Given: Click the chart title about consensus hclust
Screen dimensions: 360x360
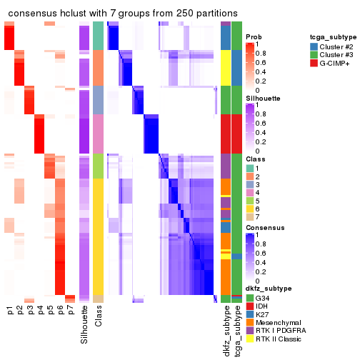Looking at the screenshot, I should (122, 14).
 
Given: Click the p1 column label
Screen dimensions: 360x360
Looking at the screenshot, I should (10, 311).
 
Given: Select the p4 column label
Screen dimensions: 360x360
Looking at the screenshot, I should (40, 311).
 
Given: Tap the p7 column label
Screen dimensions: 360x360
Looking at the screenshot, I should (70, 311).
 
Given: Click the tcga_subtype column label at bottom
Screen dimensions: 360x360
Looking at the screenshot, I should (236, 329).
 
